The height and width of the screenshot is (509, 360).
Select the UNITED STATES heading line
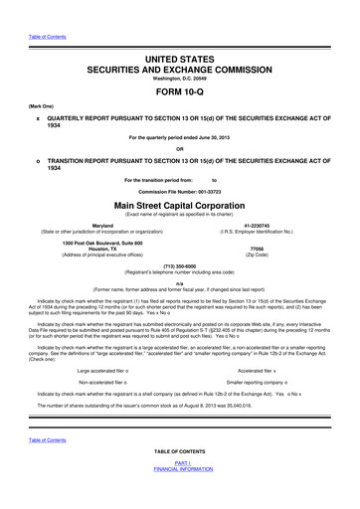click(x=180, y=33)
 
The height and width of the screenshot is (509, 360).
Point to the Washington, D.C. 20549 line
click(x=180, y=57)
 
